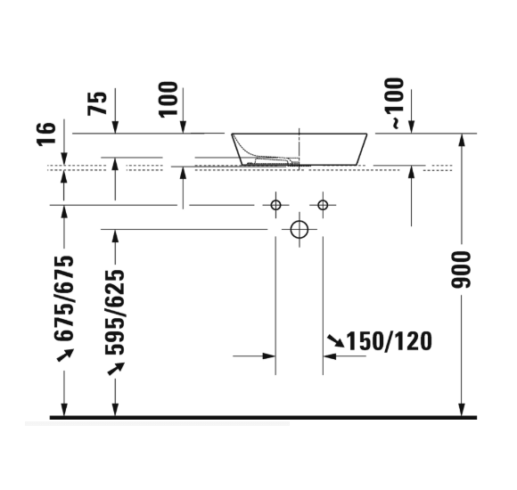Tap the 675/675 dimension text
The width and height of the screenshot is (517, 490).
[64, 298]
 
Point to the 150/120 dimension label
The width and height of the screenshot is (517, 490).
[389, 340]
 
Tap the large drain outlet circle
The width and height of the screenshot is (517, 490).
[300, 229]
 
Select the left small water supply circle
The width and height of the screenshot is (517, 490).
[275, 206]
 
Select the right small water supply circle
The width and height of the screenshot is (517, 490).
[324, 206]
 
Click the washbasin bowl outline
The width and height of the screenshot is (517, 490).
[300, 149]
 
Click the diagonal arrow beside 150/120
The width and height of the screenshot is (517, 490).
[334, 340]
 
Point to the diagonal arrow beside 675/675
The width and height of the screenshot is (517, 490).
[64, 355]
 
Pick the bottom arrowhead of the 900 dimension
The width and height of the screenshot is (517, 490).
[461, 411]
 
